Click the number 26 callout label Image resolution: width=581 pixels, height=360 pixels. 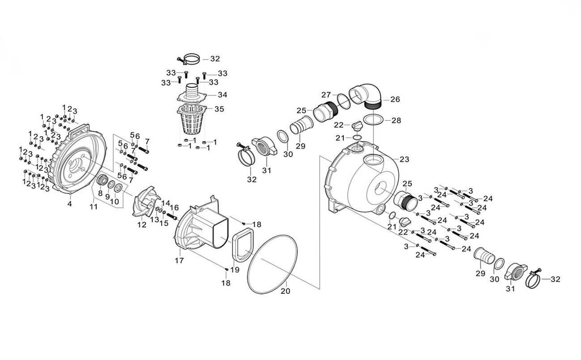395,99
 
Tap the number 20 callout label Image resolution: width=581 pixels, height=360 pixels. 285,291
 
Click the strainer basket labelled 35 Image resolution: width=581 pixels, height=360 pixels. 192,121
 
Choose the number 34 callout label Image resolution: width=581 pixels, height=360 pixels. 222,95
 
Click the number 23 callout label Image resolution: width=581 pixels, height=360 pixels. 404,159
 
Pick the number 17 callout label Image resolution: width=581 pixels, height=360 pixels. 179,260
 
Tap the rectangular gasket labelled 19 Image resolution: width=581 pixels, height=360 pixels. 243,245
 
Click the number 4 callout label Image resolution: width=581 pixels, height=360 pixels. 69,204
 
